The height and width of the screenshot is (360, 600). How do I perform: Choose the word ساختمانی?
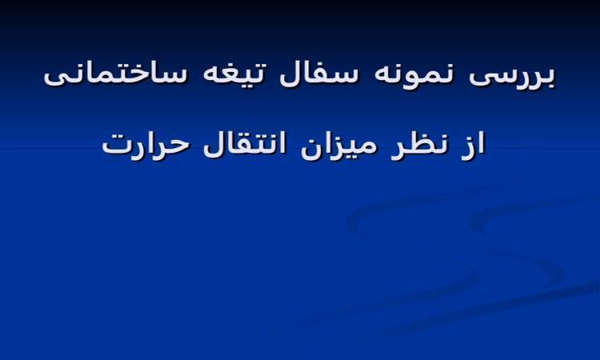click(115, 74)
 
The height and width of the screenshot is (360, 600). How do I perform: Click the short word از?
click(473, 144)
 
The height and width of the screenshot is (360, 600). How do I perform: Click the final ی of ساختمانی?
click(54, 78)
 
